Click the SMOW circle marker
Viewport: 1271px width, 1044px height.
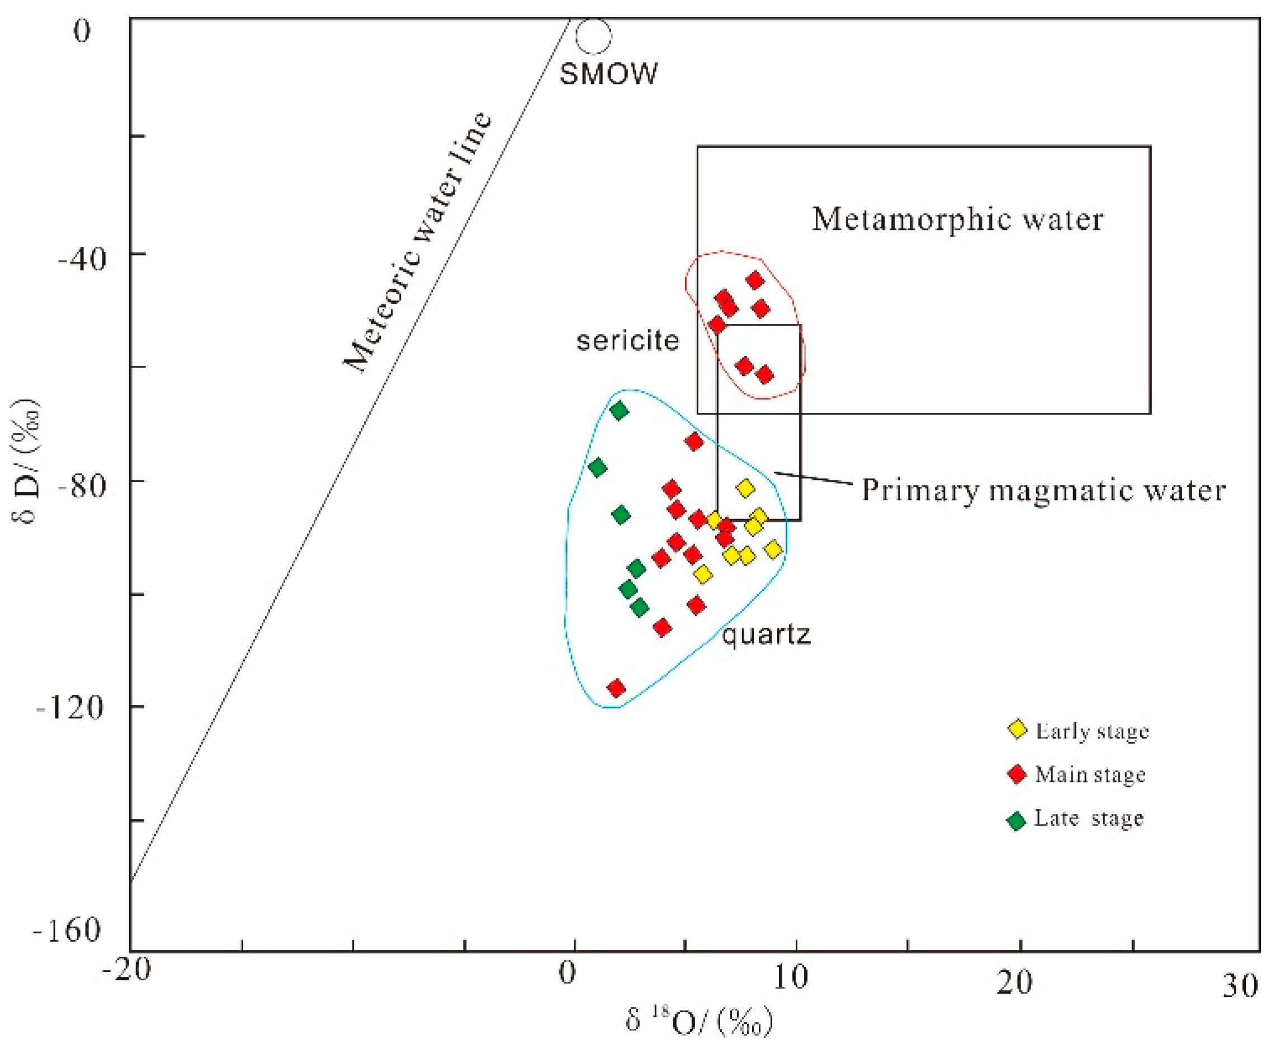point(593,36)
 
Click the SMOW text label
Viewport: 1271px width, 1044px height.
point(608,74)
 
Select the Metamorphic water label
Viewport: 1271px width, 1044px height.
point(957,219)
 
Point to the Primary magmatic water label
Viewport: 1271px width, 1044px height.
point(1043,490)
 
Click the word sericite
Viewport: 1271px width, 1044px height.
point(627,341)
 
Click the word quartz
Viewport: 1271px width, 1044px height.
point(766,634)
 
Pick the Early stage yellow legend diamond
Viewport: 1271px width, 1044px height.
point(1017,730)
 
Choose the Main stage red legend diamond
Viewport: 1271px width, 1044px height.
point(1017,774)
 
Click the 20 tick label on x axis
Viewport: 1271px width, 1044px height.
point(1015,982)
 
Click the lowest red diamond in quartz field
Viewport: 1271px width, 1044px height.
point(616,688)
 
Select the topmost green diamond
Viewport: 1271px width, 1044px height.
point(618,411)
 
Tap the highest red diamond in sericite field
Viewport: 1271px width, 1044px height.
point(755,280)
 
